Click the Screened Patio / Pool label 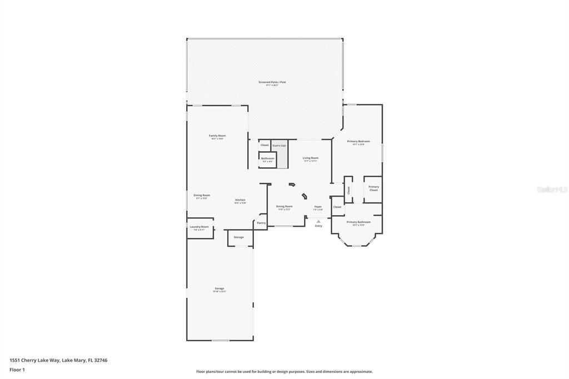click(x=272, y=82)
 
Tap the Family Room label click(x=217, y=136)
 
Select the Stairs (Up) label click(x=279, y=146)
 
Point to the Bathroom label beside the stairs click(x=267, y=158)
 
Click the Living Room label click(x=311, y=158)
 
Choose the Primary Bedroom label click(x=356, y=142)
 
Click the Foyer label click(x=318, y=207)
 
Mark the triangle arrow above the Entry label click(x=318, y=221)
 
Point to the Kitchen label click(x=240, y=200)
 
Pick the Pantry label click(x=261, y=223)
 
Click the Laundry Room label click(x=199, y=227)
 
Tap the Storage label click(x=238, y=237)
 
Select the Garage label click(x=219, y=288)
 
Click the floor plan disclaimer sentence click(x=284, y=372)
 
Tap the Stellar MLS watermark click(x=552, y=189)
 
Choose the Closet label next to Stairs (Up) click(x=264, y=145)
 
